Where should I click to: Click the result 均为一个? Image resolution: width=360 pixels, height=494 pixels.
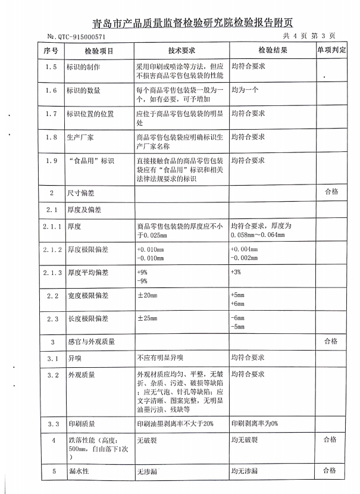coord(244,90)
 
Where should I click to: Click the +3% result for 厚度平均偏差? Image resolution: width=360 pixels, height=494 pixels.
coord(236,272)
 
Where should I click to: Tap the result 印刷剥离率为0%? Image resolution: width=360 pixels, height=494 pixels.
coord(255,424)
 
